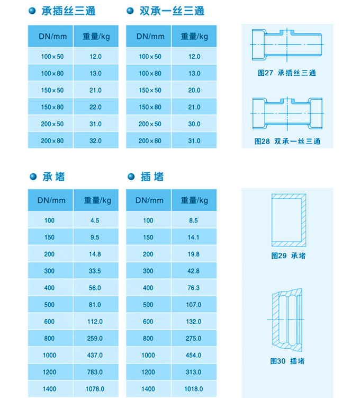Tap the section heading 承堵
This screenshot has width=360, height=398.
point(53,176)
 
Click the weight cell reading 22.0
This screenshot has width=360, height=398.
point(95,107)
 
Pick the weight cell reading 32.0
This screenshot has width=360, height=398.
point(95,141)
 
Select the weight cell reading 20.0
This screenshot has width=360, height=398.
point(194,90)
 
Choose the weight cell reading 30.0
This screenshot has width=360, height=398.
point(194,124)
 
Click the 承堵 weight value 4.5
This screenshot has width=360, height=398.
point(95,220)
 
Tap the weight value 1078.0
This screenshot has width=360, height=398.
point(95,389)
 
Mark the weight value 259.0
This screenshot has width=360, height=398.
point(95,339)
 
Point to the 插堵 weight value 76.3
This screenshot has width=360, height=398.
point(194,288)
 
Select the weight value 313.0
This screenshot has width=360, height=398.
point(194,372)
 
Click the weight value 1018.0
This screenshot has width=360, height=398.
point(194,389)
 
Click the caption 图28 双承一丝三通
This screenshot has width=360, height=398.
point(287,141)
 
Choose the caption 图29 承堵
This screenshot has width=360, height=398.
point(288,256)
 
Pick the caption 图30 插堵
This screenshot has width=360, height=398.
point(287,361)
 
